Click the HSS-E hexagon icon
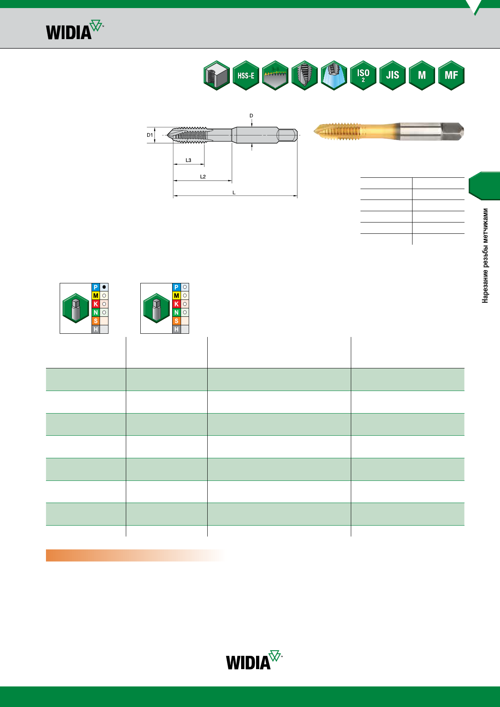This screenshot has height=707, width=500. [x=246, y=75]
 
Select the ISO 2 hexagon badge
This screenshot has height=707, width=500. [x=363, y=75]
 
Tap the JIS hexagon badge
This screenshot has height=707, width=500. [x=393, y=75]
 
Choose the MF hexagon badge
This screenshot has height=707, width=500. [x=451, y=75]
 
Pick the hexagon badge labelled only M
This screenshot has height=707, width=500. [x=422, y=75]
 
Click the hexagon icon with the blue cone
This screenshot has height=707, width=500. [x=334, y=75]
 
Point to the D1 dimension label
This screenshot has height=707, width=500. [x=150, y=135]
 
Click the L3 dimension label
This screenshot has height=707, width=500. [x=188, y=160]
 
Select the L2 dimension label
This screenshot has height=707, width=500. [x=203, y=177]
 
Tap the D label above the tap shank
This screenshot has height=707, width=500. [x=251, y=116]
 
